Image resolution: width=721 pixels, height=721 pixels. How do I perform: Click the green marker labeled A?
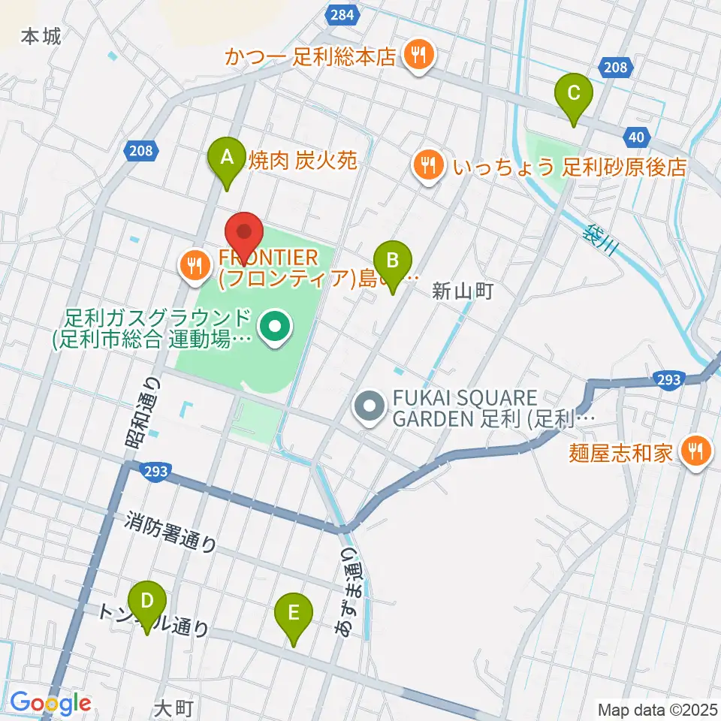pos(225,158)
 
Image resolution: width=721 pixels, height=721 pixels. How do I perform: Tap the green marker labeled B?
pos(392,262)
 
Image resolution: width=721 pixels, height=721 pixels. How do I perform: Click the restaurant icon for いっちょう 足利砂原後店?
pos(428,164)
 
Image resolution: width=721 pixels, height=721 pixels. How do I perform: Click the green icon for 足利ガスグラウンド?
pos(273,327)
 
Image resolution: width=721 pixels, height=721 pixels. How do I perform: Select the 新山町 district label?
pos(462,291)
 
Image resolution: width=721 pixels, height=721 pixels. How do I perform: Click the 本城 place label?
pos(41,35)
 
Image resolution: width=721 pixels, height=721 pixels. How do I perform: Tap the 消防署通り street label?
pos(171,532)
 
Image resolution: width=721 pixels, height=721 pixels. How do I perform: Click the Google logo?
pos(50,704)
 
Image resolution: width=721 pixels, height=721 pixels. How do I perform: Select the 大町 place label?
pos(174,707)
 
